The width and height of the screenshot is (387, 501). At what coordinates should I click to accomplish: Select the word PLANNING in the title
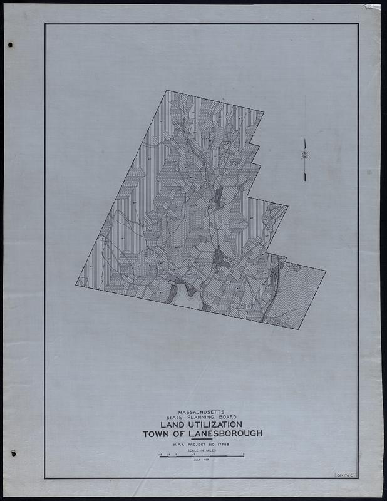pyautogui.click(x=201, y=418)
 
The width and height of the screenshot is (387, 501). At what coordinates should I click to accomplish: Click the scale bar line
pyautogui.click(x=201, y=457)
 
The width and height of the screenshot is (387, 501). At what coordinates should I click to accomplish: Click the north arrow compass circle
pyautogui.click(x=304, y=154)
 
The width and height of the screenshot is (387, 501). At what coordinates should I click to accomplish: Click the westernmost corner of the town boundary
pyautogui.click(x=76, y=285)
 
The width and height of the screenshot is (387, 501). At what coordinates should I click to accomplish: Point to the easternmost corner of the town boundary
pyautogui.click(x=326, y=271)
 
